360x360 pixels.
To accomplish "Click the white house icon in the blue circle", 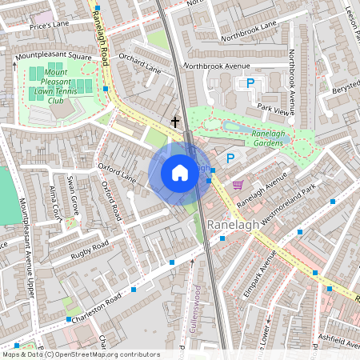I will pyautogui.click(x=180, y=173).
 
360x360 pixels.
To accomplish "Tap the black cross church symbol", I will pyautogui.click(x=175, y=122).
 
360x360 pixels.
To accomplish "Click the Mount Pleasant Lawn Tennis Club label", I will pyautogui.click(x=60, y=86).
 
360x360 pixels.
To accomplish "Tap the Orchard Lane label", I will pyautogui.click(x=139, y=63).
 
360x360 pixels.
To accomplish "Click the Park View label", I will pyautogui.click(x=272, y=108).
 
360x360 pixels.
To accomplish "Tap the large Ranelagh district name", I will pyautogui.click(x=233, y=226).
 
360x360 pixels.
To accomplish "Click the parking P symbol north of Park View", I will pyautogui.click(x=250, y=83).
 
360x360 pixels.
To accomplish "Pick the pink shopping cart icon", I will pyautogui.click(x=237, y=184).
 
